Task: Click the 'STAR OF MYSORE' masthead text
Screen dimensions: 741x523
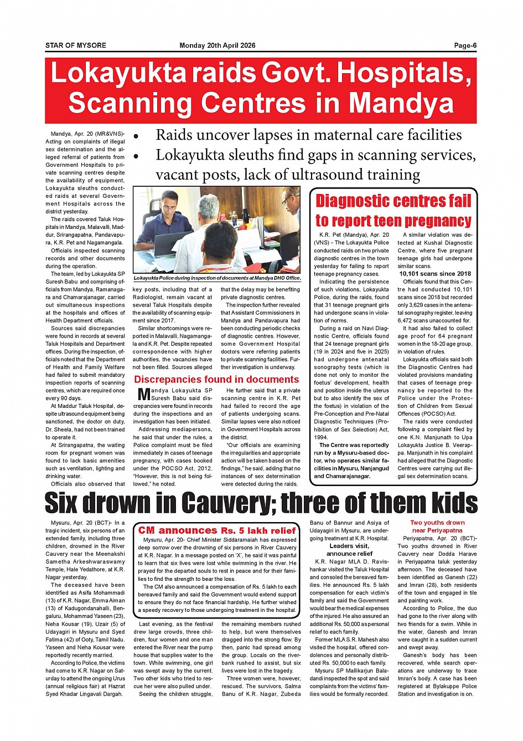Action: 76,45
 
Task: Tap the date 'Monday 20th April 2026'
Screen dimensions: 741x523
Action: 218,45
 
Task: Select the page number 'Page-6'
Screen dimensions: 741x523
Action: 465,45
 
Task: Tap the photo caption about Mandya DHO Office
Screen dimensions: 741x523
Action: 217,278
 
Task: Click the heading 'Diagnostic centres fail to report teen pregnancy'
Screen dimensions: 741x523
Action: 393,211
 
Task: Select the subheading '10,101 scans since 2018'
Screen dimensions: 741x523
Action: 435,274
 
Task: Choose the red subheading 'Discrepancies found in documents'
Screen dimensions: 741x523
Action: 216,380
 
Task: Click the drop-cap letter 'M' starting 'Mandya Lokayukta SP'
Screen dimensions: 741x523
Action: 143,395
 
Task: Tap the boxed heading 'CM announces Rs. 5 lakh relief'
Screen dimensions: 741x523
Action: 217,530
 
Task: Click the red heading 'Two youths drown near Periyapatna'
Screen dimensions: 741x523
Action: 437,527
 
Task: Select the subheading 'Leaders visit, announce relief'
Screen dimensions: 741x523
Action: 349,550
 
